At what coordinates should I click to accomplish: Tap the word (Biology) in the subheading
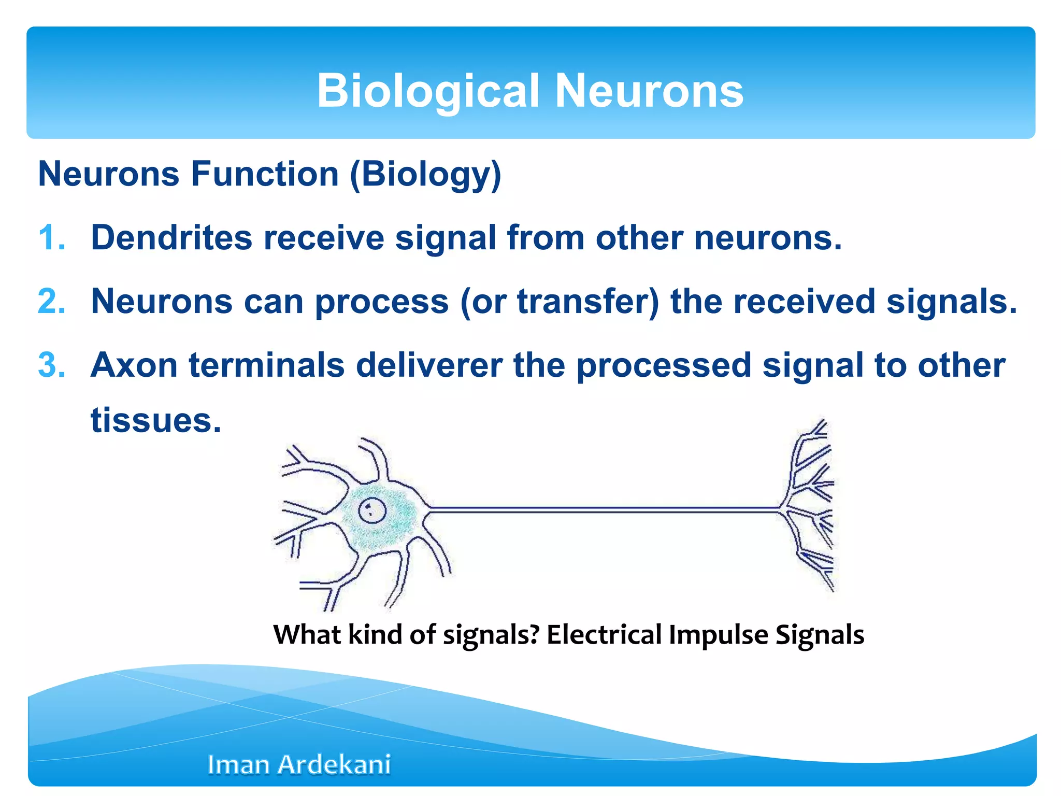426,174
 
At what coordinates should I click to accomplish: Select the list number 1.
52,238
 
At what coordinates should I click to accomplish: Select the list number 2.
52,302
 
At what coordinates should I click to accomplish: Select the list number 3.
52,365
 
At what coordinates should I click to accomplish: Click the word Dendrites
171,238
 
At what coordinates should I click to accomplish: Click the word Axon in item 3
134,365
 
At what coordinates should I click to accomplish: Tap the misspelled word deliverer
429,365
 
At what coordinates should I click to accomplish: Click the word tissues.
155,420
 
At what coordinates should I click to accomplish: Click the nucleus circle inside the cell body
372,511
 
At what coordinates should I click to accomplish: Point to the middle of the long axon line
604,510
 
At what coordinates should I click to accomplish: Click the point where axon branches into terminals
781,509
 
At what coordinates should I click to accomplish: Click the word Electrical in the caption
604,635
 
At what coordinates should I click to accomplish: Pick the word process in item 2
382,302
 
